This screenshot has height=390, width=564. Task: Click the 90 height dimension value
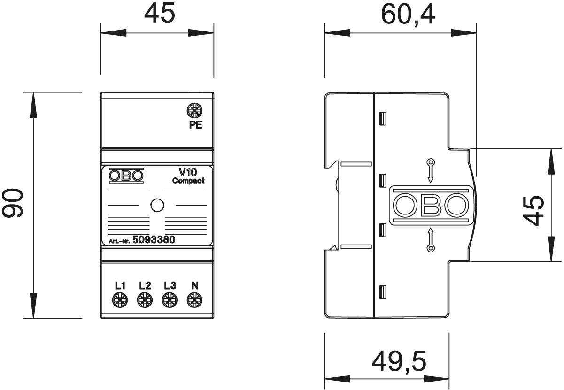click(x=13, y=203)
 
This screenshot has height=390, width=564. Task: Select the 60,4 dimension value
click(x=408, y=15)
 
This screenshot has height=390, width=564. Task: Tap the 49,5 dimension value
click(x=399, y=361)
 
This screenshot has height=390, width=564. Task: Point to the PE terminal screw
click(x=195, y=111)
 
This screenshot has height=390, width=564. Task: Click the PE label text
click(x=196, y=125)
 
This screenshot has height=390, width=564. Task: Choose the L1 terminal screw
click(x=120, y=300)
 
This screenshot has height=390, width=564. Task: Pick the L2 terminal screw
click(x=145, y=300)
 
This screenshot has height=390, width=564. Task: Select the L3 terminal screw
click(x=170, y=300)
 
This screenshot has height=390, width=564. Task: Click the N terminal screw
click(x=194, y=300)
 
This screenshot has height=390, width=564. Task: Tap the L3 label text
click(x=170, y=286)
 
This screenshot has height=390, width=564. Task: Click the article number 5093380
click(x=154, y=239)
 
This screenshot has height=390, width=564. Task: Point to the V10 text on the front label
click(x=188, y=172)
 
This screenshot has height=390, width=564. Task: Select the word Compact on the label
click(x=188, y=181)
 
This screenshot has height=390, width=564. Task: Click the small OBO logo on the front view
click(x=126, y=176)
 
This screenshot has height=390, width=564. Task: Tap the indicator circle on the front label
click(x=157, y=205)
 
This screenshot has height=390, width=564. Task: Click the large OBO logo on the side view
click(x=431, y=205)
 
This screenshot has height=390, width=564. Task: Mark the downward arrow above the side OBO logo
click(x=431, y=170)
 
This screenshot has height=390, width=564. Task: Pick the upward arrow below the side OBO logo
click(x=431, y=240)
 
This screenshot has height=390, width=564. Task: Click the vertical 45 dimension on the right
click(x=533, y=211)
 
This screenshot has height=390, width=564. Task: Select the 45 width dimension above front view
click(x=159, y=13)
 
